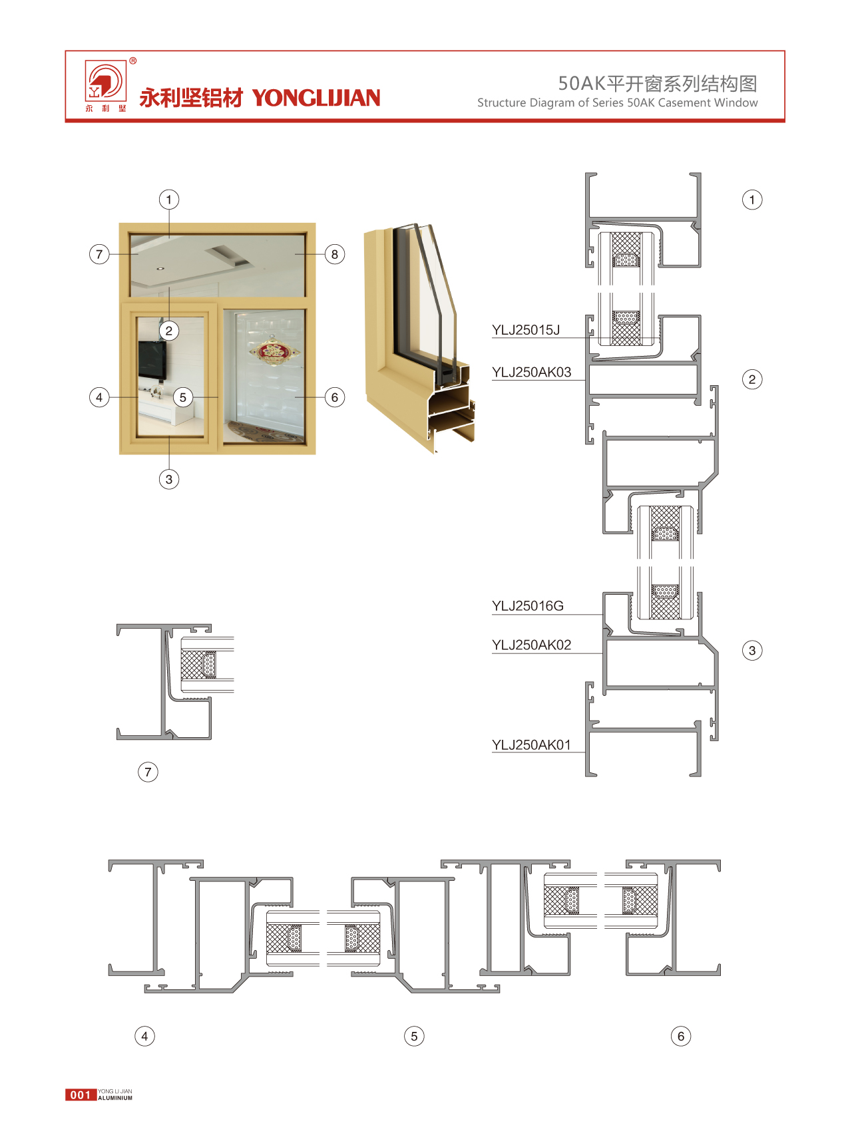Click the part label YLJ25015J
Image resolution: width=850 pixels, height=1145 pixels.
click(525, 330)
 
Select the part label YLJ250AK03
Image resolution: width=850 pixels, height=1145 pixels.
click(531, 373)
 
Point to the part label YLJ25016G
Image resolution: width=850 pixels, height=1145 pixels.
click(527, 606)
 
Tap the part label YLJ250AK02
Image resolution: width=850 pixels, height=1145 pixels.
click(531, 645)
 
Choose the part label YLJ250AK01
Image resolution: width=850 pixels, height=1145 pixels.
click(531, 745)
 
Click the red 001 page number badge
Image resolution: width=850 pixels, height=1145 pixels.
click(81, 1095)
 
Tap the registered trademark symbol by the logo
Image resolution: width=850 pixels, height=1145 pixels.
click(133, 61)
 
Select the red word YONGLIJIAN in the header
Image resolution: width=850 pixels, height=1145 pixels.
click(316, 98)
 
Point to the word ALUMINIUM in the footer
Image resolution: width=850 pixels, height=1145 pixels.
click(115, 1098)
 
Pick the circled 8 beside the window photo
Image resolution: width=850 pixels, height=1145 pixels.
click(335, 254)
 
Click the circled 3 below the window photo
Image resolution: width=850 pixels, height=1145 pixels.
click(169, 479)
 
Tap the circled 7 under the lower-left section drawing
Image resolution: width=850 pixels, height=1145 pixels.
click(148, 772)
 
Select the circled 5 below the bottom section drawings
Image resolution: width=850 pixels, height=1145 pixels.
click(414, 1036)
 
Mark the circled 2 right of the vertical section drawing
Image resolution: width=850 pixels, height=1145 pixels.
click(752, 380)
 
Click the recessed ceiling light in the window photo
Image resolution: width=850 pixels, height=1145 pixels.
click(160, 269)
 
